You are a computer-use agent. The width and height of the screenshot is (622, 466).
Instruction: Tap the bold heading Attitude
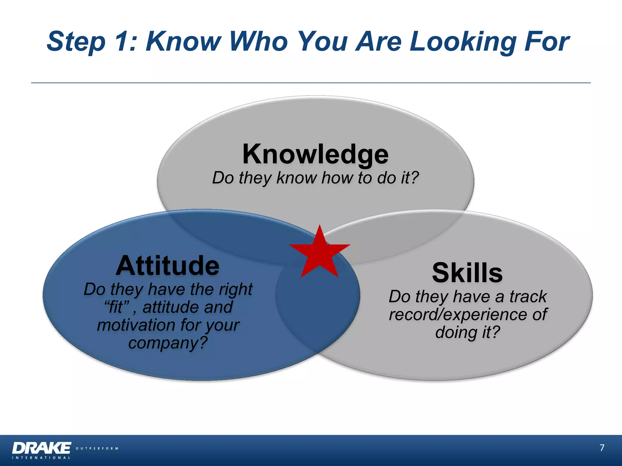(167, 266)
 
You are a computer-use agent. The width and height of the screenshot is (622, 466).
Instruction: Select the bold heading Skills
(467, 273)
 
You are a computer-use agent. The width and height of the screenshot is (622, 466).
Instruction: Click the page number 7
(602, 448)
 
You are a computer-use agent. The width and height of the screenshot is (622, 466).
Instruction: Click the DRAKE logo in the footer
(42, 448)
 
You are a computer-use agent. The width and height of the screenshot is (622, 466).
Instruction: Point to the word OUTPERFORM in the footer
(97, 448)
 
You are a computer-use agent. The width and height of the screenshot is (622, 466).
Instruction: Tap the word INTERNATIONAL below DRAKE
(41, 458)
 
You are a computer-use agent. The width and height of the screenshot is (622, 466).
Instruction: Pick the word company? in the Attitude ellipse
(168, 343)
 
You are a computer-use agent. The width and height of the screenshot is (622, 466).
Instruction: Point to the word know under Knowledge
(296, 178)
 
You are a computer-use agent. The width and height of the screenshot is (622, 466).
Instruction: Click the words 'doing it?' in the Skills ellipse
(467, 332)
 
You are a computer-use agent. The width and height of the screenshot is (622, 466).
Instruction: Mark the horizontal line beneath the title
(311, 83)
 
